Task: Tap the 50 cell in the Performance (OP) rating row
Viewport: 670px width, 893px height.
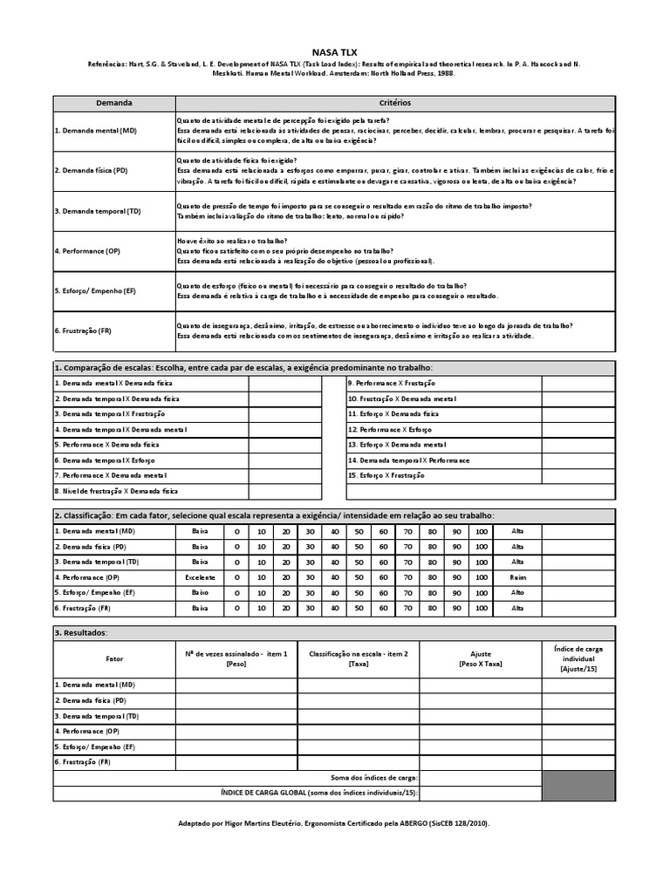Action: pyautogui.click(x=359, y=577)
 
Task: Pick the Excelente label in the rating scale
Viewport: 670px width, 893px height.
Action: pyautogui.click(x=201, y=577)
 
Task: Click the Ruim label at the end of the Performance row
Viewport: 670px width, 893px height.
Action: pyautogui.click(x=517, y=577)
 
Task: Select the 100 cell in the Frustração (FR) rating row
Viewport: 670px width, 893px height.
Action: pyautogui.click(x=482, y=607)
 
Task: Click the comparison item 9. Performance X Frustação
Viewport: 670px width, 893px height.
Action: pyautogui.click(x=392, y=383)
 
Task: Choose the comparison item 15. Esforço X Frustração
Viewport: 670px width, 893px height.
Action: pyautogui.click(x=386, y=475)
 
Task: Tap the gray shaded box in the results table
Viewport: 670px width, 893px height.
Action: pyautogui.click(x=578, y=785)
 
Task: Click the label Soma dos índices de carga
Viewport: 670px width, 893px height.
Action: pyautogui.click(x=374, y=777)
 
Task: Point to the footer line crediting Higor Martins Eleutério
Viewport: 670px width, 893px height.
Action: pyautogui.click(x=341, y=822)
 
